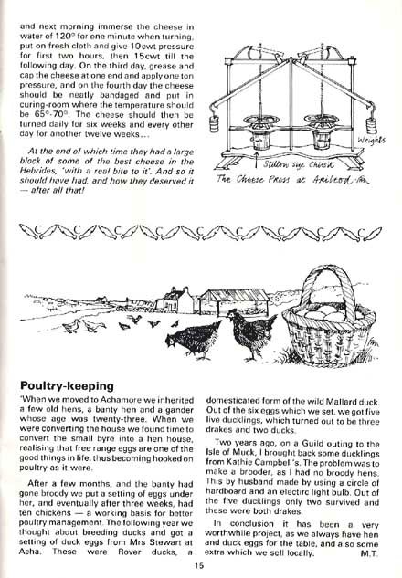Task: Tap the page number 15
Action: click(x=198, y=565)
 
